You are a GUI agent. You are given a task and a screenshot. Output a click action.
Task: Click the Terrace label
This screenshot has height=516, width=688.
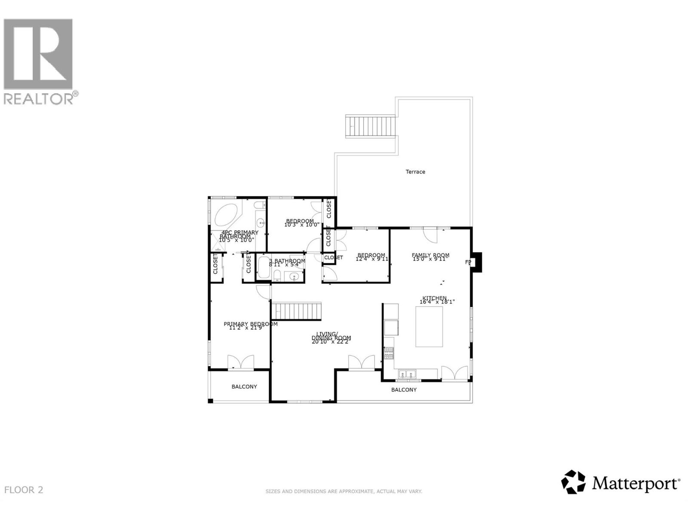pyautogui.click(x=415, y=172)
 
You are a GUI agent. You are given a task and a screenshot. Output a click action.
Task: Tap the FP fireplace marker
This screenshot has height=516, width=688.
pyautogui.click(x=468, y=262)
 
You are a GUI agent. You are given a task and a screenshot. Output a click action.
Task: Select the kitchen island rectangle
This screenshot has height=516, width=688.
pyautogui.click(x=429, y=326)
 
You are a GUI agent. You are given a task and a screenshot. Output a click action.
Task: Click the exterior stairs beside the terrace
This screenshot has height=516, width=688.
pyautogui.click(x=371, y=126)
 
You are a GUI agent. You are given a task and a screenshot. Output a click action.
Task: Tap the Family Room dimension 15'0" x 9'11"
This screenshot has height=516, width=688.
pyautogui.click(x=430, y=259)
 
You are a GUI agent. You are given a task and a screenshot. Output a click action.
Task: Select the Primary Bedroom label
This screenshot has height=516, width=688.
pyautogui.click(x=250, y=324)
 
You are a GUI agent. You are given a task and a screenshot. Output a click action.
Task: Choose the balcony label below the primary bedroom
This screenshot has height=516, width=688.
pyautogui.click(x=244, y=387)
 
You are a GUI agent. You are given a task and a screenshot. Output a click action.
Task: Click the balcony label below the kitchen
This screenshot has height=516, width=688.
pyautogui.click(x=404, y=390)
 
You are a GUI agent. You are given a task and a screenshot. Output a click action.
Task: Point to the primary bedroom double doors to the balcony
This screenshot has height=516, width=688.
pyautogui.click(x=240, y=362)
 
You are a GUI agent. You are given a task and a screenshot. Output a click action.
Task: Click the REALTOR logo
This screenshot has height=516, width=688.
pyautogui.click(x=39, y=61)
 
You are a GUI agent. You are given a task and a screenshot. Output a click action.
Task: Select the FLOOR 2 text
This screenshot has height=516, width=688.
pyautogui.click(x=24, y=490)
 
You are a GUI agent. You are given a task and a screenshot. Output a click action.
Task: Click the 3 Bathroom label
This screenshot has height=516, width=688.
pyautogui.click(x=287, y=261)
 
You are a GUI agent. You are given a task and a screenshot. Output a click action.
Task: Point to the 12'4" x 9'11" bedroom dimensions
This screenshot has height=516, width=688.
pyautogui.click(x=372, y=259)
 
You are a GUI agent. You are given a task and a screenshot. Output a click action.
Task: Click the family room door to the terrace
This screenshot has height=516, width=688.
pyautogui.click(x=430, y=235)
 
